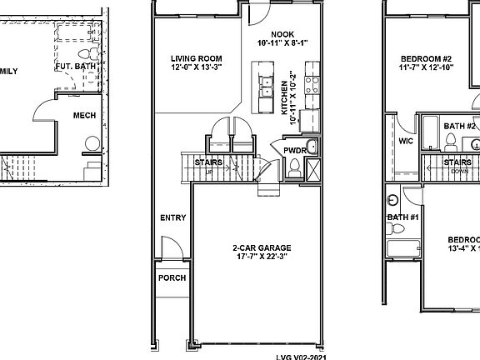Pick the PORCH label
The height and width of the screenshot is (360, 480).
[172, 278]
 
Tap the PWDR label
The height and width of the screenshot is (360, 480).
[295, 151]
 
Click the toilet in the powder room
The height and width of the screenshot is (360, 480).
[294, 170]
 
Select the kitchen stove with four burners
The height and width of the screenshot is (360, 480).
[314, 82]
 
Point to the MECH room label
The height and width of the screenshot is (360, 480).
[85, 115]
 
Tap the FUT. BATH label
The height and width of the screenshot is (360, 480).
[76, 66]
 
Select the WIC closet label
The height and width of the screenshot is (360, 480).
[406, 142]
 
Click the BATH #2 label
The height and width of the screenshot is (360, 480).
[459, 126]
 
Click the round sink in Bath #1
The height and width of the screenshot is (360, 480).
[393, 200]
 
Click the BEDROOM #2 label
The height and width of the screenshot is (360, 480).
[432, 57]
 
